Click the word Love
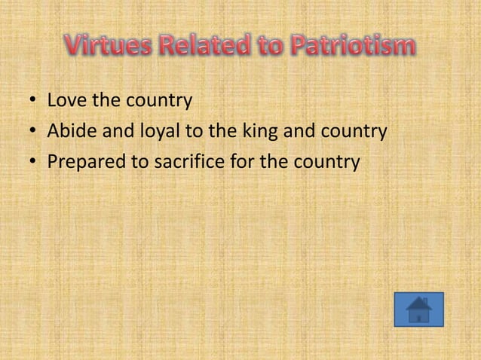[66, 100]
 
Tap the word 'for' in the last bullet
[240, 163]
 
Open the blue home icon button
[418, 310]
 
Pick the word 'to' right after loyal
[193, 132]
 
